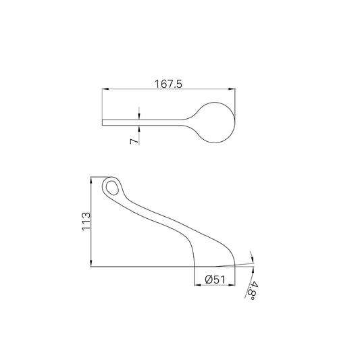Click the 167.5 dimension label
(168, 84)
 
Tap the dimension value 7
(134, 141)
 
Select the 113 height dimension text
(86, 222)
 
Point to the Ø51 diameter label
(215, 280)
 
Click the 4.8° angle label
(253, 290)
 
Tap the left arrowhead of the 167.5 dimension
(105, 89)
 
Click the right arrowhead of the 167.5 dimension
(232, 89)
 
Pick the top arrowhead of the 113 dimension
(91, 180)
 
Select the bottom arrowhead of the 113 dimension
(91, 263)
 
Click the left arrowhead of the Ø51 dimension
(197, 285)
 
